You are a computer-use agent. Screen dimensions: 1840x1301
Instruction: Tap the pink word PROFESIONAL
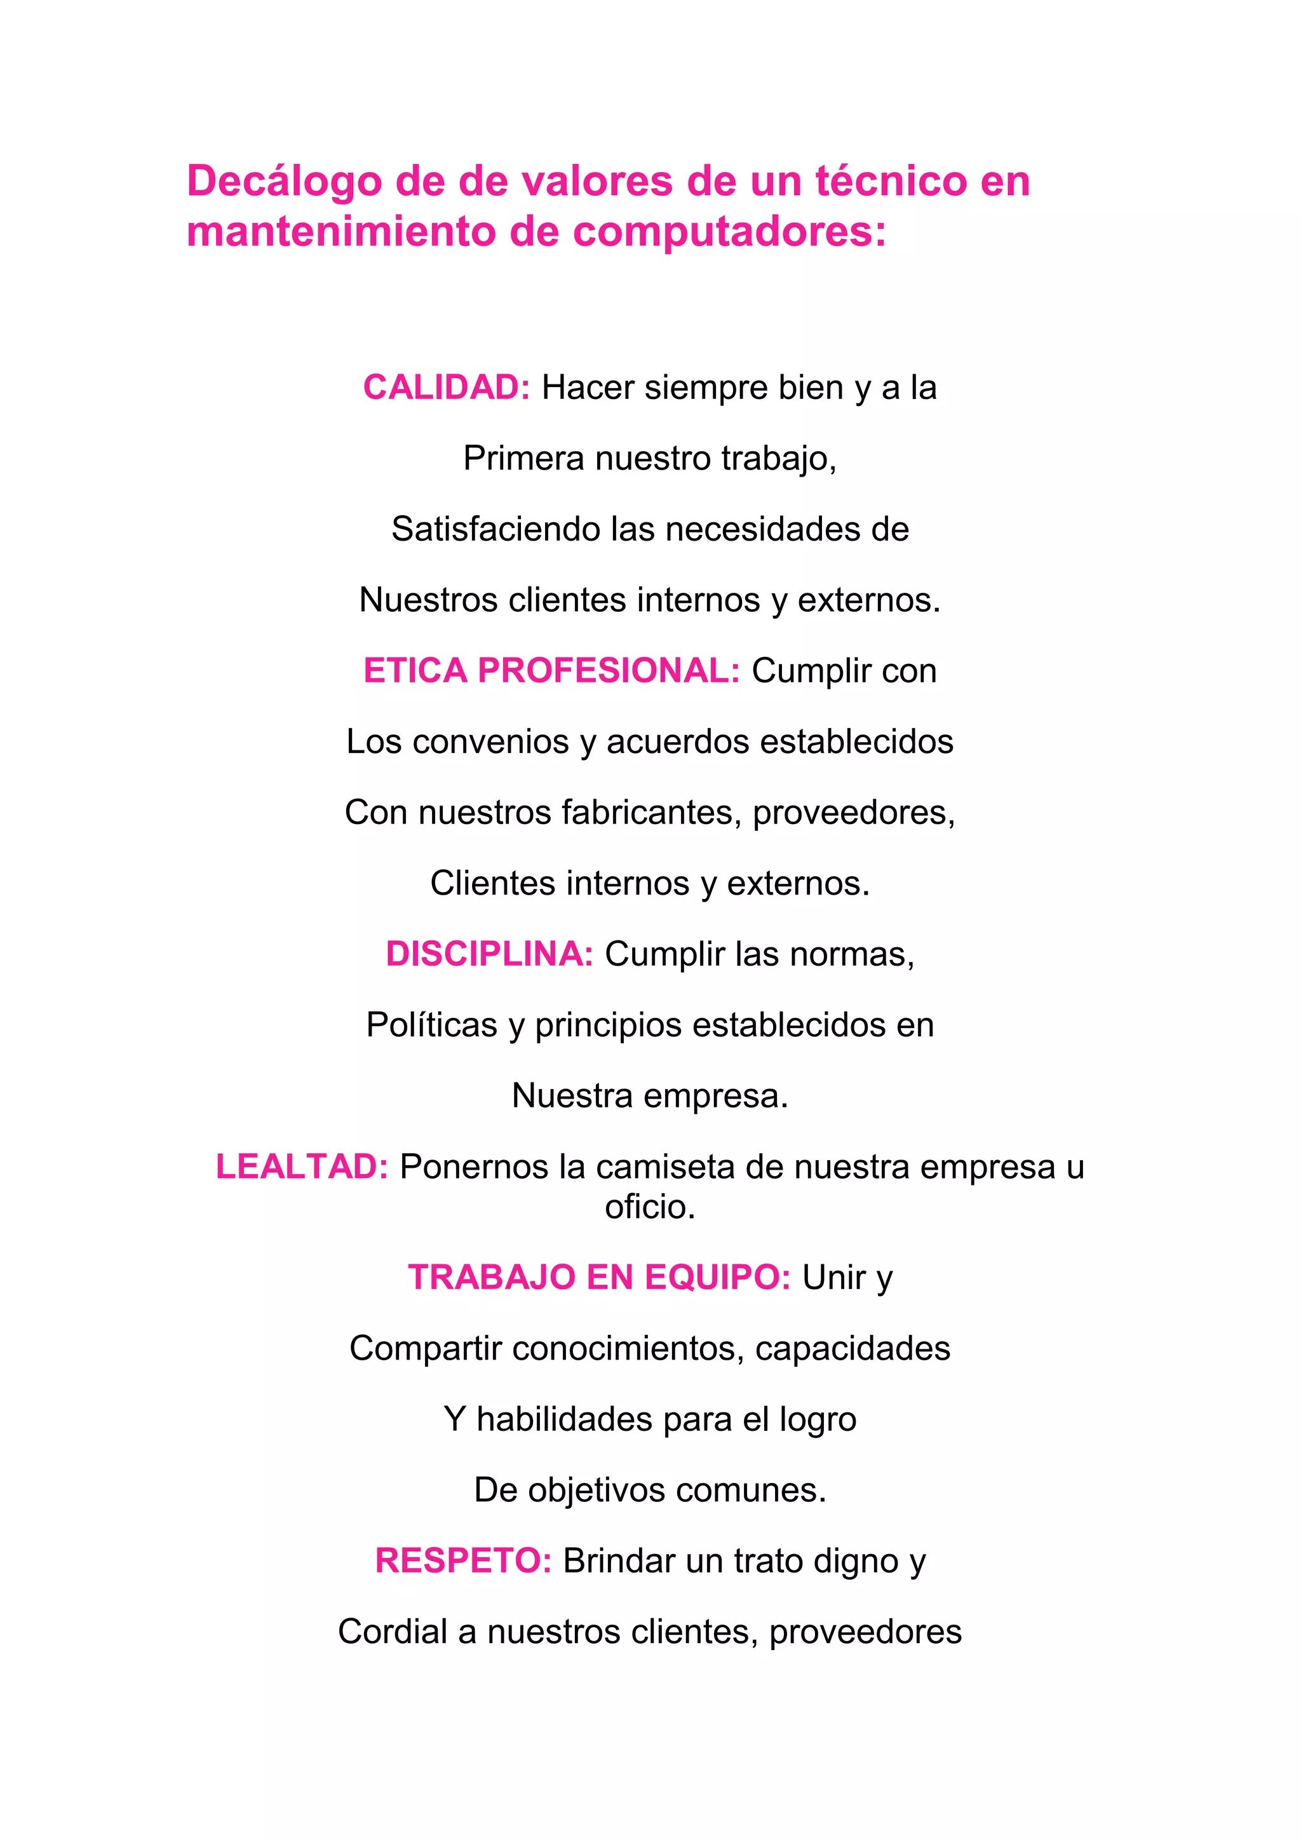609,671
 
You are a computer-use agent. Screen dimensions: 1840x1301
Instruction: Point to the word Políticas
432,1025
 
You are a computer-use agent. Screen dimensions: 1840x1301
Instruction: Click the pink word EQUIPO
718,1278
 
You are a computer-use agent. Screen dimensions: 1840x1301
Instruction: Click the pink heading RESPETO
463,1561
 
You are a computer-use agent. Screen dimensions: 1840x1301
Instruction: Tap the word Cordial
393,1632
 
